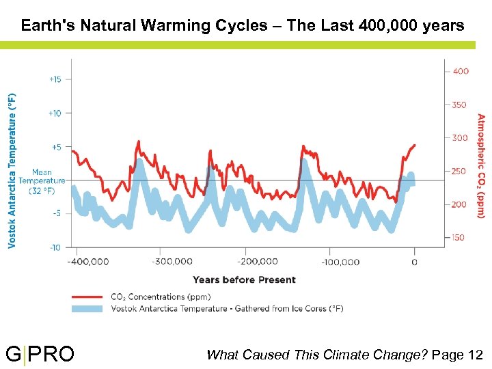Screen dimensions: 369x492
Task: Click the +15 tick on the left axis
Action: click(x=55, y=79)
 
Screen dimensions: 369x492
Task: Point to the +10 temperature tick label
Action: click(x=55, y=113)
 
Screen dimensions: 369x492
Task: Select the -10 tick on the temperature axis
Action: click(x=55, y=247)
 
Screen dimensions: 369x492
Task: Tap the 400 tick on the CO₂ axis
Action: click(x=460, y=71)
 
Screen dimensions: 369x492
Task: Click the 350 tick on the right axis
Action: click(x=460, y=105)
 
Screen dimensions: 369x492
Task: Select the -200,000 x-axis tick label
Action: click(x=257, y=261)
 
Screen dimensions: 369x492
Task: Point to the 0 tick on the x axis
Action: click(x=414, y=262)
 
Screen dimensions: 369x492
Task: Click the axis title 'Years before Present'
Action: click(x=244, y=279)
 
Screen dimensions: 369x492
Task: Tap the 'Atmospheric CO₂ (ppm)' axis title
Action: click(x=480, y=165)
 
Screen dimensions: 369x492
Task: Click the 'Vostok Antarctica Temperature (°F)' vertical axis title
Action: click(x=12, y=161)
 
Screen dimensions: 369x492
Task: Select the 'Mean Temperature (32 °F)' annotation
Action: click(x=47, y=181)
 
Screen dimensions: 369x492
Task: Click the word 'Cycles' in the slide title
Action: click(x=246, y=26)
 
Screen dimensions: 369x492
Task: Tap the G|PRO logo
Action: click(x=40, y=355)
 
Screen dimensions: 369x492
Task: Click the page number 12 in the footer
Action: click(x=476, y=355)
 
